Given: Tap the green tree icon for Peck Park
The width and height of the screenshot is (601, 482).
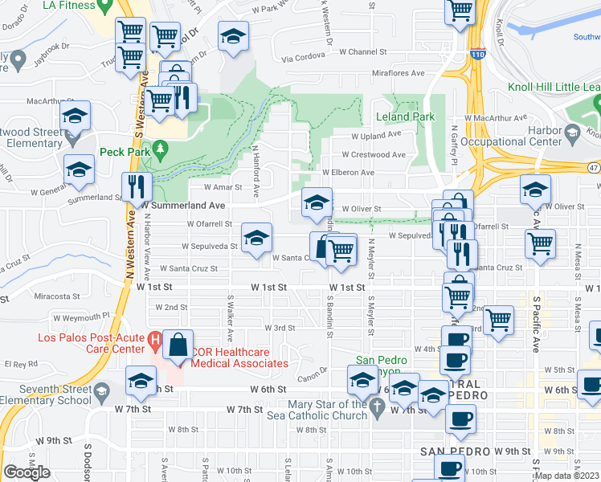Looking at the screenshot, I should [161, 149].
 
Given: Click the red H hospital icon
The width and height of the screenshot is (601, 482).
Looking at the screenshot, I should [157, 342].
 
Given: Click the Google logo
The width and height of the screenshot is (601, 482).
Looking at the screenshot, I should [27, 472].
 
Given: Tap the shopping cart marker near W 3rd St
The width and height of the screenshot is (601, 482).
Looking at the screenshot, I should [499, 319].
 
